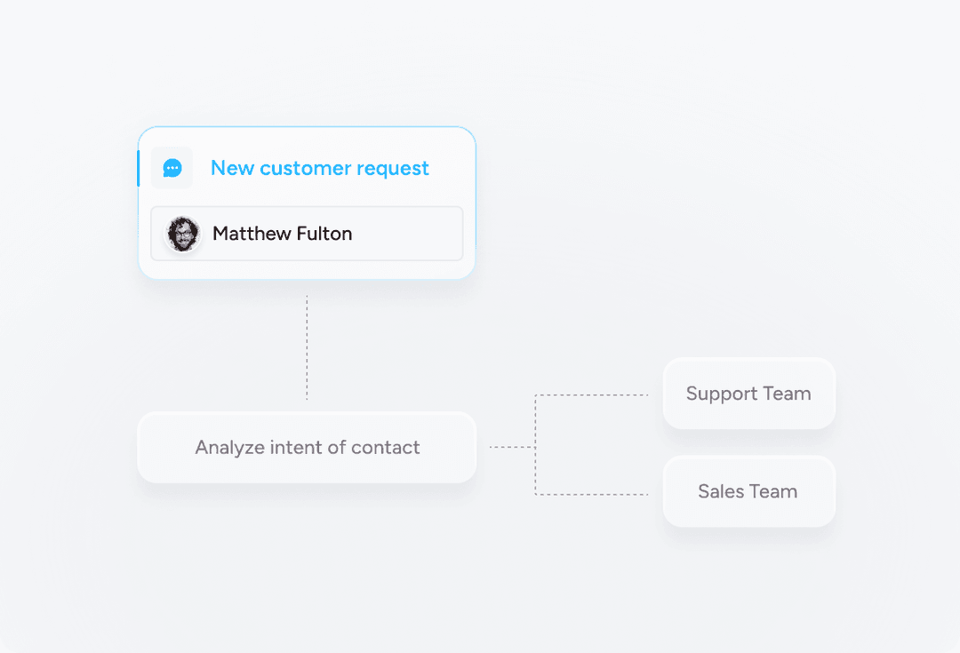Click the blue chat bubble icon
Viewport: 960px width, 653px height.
tap(172, 168)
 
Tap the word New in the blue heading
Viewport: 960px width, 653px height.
tap(233, 168)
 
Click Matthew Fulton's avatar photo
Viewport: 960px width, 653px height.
tap(182, 234)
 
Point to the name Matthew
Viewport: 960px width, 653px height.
tap(252, 233)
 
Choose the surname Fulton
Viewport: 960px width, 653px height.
tap(324, 233)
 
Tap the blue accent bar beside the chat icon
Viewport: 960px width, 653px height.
tap(139, 168)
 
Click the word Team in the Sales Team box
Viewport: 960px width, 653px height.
tap(773, 491)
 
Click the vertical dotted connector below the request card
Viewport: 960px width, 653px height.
tap(307, 347)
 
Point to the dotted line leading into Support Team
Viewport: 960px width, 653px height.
tap(591, 395)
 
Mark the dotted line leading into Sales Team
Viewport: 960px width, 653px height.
tap(591, 495)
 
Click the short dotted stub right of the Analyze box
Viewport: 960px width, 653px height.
tap(513, 448)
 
